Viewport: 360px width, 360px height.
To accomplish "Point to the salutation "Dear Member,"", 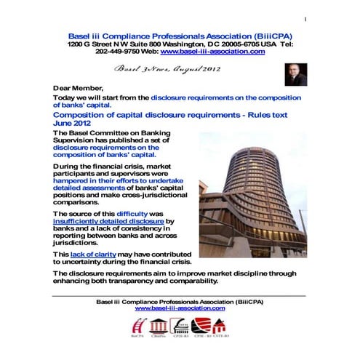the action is click(78, 87).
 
